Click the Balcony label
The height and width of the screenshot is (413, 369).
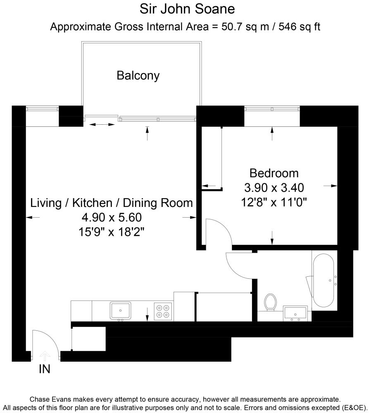[x=138, y=76]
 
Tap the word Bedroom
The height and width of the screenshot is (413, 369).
[x=274, y=173]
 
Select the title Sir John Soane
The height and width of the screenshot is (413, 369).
[x=184, y=9]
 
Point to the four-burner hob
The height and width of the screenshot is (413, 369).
[x=163, y=311]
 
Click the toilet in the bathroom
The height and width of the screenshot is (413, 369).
[x=270, y=302]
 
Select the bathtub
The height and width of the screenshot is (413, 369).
[x=325, y=280]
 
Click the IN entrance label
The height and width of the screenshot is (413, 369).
[x=45, y=369]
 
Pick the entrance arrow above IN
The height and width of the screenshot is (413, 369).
[x=45, y=355]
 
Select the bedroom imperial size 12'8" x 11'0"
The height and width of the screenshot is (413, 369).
[x=274, y=202]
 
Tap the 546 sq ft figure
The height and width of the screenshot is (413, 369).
[x=300, y=27]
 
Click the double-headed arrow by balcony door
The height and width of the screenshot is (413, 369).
[x=102, y=124]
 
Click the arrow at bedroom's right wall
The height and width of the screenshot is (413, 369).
[x=331, y=186]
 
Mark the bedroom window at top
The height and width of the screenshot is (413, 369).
[x=272, y=109]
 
